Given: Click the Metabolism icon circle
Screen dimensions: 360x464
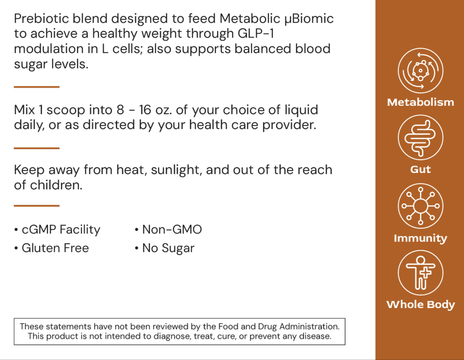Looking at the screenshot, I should (x=420, y=71).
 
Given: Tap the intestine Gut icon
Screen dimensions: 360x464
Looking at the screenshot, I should (x=420, y=138).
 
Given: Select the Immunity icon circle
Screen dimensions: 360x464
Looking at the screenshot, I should (x=420, y=206).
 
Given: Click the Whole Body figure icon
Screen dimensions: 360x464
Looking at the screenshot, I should (x=420, y=273).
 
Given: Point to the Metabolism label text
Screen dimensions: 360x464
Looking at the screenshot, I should (x=420, y=102).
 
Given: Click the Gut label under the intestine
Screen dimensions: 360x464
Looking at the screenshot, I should (x=420, y=169).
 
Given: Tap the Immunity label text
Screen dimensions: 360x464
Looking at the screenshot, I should (x=420, y=238).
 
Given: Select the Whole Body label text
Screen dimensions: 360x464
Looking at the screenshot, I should (x=420, y=305).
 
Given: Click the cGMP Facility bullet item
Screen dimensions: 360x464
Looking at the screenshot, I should (x=60, y=230).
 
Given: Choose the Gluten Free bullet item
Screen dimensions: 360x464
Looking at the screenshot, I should (x=55, y=248).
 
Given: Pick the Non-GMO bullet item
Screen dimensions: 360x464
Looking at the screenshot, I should (x=172, y=230).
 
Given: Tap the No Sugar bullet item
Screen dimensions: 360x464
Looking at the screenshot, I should (x=168, y=248).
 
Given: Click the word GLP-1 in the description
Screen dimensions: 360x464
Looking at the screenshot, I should (x=256, y=33).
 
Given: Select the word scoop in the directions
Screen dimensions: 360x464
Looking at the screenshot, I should (x=64, y=110).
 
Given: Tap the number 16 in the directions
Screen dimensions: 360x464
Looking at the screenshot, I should (x=145, y=110).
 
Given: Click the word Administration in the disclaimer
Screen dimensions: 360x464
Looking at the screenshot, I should (x=309, y=327).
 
